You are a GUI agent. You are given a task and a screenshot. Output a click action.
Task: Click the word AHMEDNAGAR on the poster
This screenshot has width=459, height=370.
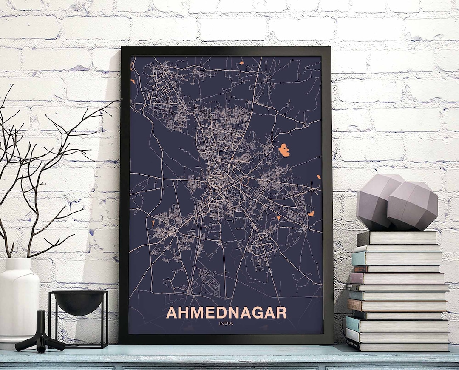[x=226, y=313]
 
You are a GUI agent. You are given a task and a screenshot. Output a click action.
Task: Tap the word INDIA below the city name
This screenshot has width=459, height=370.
[x=226, y=323]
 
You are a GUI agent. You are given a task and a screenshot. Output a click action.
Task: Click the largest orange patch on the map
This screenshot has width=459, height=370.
[x=284, y=150]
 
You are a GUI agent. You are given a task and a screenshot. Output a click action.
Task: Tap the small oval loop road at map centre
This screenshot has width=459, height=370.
[x=245, y=182]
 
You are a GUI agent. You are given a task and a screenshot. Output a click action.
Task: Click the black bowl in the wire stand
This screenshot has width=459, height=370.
[x=79, y=302]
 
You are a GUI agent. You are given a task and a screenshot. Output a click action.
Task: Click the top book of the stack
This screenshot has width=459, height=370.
[x=397, y=238]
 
